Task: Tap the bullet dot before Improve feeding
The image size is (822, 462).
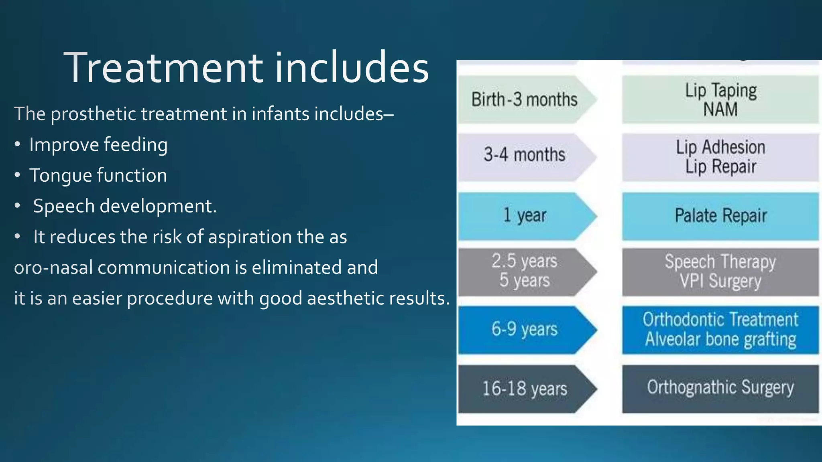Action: click(x=17, y=145)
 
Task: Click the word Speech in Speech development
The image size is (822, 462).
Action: click(x=64, y=206)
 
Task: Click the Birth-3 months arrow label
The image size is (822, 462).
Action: click(x=524, y=99)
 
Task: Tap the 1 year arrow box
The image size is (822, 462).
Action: click(x=524, y=216)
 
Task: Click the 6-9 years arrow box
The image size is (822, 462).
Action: click(x=524, y=330)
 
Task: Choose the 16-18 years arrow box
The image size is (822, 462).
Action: click(x=524, y=389)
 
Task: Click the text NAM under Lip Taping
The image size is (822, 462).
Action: click(x=720, y=109)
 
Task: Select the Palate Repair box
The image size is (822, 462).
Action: click(x=720, y=216)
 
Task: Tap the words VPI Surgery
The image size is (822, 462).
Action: click(x=720, y=281)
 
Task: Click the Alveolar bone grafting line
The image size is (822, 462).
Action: click(x=720, y=340)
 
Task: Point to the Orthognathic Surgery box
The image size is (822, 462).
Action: click(x=720, y=388)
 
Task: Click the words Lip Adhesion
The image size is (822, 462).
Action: click(x=720, y=147)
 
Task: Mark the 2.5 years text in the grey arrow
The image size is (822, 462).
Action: click(x=524, y=261)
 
